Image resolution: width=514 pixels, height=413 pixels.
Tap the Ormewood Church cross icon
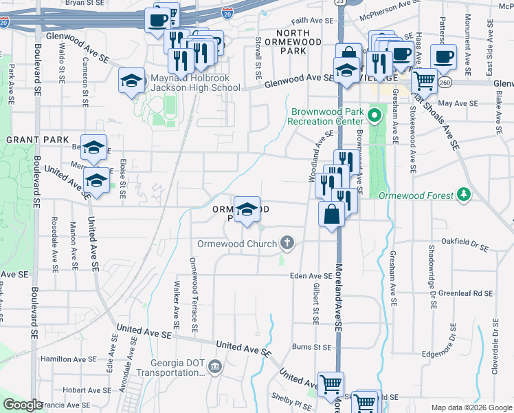pos(287,243)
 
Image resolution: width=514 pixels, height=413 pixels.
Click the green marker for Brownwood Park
pos(375,114)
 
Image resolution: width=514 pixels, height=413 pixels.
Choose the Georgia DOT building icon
pos(216,365)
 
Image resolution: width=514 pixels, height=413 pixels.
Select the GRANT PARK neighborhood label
pos(31,139)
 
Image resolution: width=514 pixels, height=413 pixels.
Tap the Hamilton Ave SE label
pos(69,359)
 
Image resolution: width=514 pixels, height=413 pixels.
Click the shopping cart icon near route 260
pos(425,81)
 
